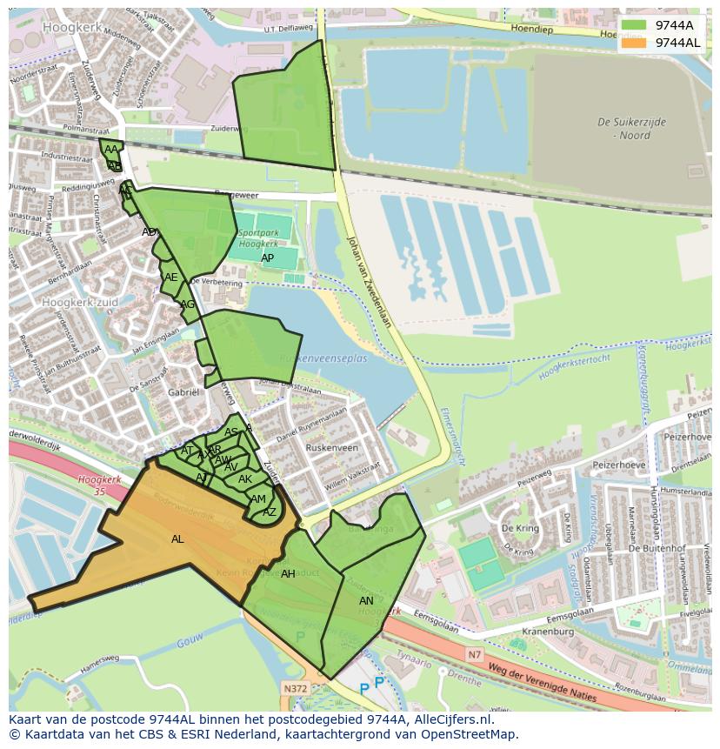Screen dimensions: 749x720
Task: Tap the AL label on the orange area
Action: tap(177, 539)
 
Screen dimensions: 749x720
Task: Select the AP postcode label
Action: tap(267, 258)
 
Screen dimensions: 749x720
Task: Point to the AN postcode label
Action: tap(366, 601)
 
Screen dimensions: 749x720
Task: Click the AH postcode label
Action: tap(288, 574)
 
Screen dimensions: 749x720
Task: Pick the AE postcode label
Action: tap(170, 278)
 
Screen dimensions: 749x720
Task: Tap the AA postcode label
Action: tap(110, 150)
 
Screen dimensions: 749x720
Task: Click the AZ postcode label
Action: tap(270, 512)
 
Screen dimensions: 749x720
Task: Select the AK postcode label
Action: tap(244, 479)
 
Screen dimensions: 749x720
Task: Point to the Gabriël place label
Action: tap(183, 392)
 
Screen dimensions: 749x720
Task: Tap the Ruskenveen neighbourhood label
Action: tap(331, 449)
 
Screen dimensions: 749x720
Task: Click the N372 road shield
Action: tap(295, 687)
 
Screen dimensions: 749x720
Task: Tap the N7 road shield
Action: tap(474, 654)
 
